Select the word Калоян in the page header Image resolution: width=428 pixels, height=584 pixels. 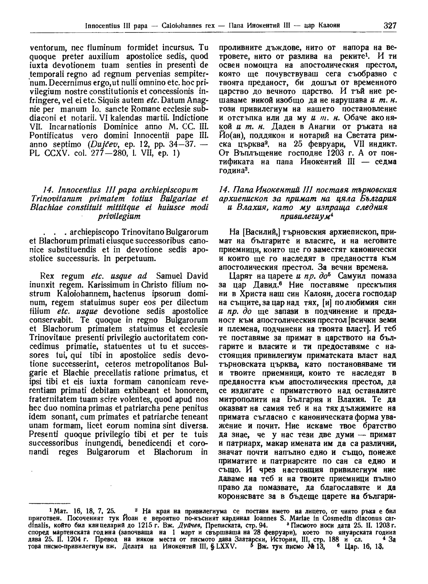pyautogui.click(x=328, y=26)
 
